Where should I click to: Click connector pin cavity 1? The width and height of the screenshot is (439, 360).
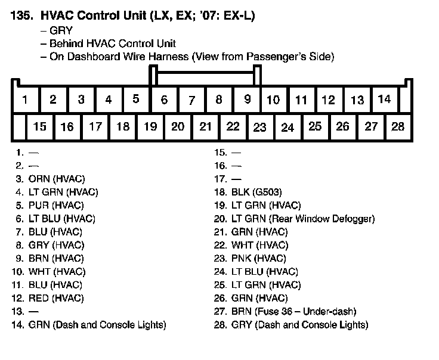click(25, 100)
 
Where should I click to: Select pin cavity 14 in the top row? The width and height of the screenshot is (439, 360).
click(385, 99)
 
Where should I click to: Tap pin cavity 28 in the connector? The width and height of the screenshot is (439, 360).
click(398, 126)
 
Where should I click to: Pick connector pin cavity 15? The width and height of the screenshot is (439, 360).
click(40, 126)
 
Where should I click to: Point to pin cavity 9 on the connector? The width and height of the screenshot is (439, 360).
click(247, 100)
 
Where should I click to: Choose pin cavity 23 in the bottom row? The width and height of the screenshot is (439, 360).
click(260, 127)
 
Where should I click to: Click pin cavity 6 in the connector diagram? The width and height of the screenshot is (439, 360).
click(165, 100)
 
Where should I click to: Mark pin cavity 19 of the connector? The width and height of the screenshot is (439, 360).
click(150, 126)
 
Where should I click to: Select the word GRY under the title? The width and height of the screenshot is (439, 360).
click(61, 31)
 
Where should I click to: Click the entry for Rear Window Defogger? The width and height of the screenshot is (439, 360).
click(295, 219)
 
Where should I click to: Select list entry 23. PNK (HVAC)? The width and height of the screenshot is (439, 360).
click(250, 259)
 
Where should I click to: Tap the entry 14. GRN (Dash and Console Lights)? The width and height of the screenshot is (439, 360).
click(88, 325)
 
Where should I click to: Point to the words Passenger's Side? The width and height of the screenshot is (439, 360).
click(294, 57)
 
